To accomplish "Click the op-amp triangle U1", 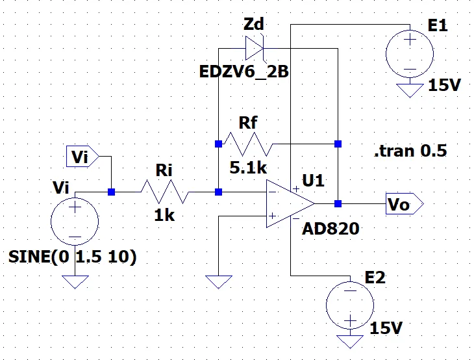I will (289, 204).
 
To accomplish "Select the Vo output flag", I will (403, 203).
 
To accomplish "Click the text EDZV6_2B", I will (243, 71).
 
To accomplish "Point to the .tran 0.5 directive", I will (410, 152).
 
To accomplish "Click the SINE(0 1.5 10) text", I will (73, 257).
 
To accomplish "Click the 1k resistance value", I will (165, 216).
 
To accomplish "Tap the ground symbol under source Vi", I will (75, 281).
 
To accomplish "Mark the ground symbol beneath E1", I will (410, 90).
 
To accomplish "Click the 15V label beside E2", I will (385, 329).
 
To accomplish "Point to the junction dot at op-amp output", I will (338, 203).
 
